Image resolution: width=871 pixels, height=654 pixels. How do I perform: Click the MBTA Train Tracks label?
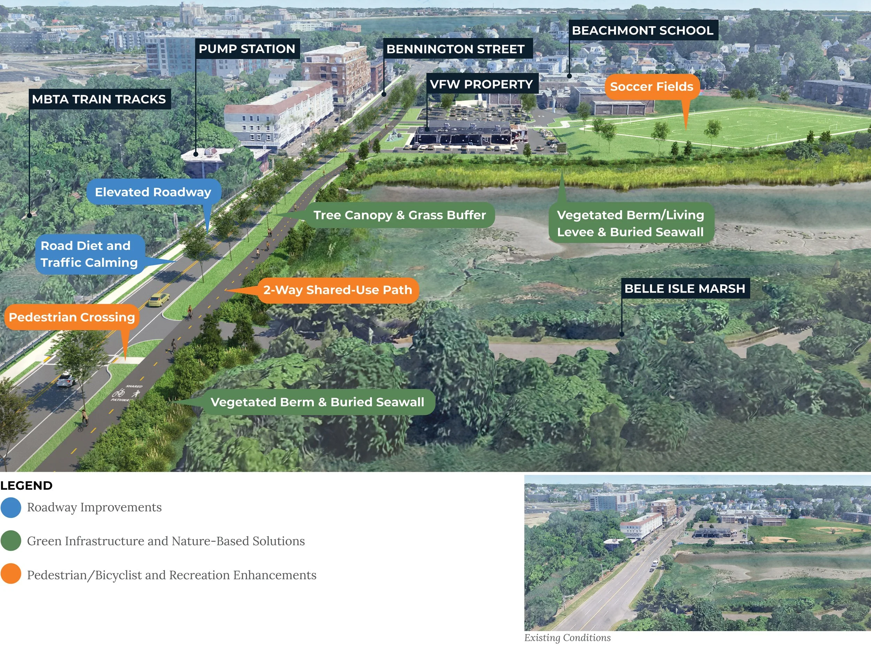(x=99, y=99)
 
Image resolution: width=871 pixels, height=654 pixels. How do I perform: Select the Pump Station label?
(x=247, y=49)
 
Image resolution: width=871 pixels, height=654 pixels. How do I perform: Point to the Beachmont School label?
(x=642, y=31)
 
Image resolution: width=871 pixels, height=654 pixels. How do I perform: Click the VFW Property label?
(x=481, y=84)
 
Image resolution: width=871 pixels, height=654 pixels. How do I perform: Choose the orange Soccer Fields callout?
(x=651, y=87)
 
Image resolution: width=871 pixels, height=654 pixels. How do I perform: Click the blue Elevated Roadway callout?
(x=153, y=192)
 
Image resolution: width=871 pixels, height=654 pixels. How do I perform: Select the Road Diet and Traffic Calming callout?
(x=90, y=254)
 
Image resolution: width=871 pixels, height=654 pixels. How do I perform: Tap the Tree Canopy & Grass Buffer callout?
(x=399, y=215)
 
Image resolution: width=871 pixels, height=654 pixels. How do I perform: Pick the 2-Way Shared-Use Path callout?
(x=338, y=290)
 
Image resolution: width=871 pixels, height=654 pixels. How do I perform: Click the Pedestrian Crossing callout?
(x=72, y=317)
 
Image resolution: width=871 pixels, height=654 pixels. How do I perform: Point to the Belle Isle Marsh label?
(x=684, y=288)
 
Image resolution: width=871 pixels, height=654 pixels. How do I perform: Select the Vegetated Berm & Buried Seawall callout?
(x=317, y=402)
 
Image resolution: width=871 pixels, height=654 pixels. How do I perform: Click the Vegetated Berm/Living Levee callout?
(x=630, y=224)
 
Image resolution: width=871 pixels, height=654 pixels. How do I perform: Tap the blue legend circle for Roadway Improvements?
(x=11, y=508)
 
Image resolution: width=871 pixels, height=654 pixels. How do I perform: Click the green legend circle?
(x=11, y=541)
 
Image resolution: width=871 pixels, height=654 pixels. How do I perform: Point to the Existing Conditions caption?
(x=567, y=638)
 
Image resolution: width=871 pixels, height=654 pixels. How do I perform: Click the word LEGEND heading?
(x=26, y=486)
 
